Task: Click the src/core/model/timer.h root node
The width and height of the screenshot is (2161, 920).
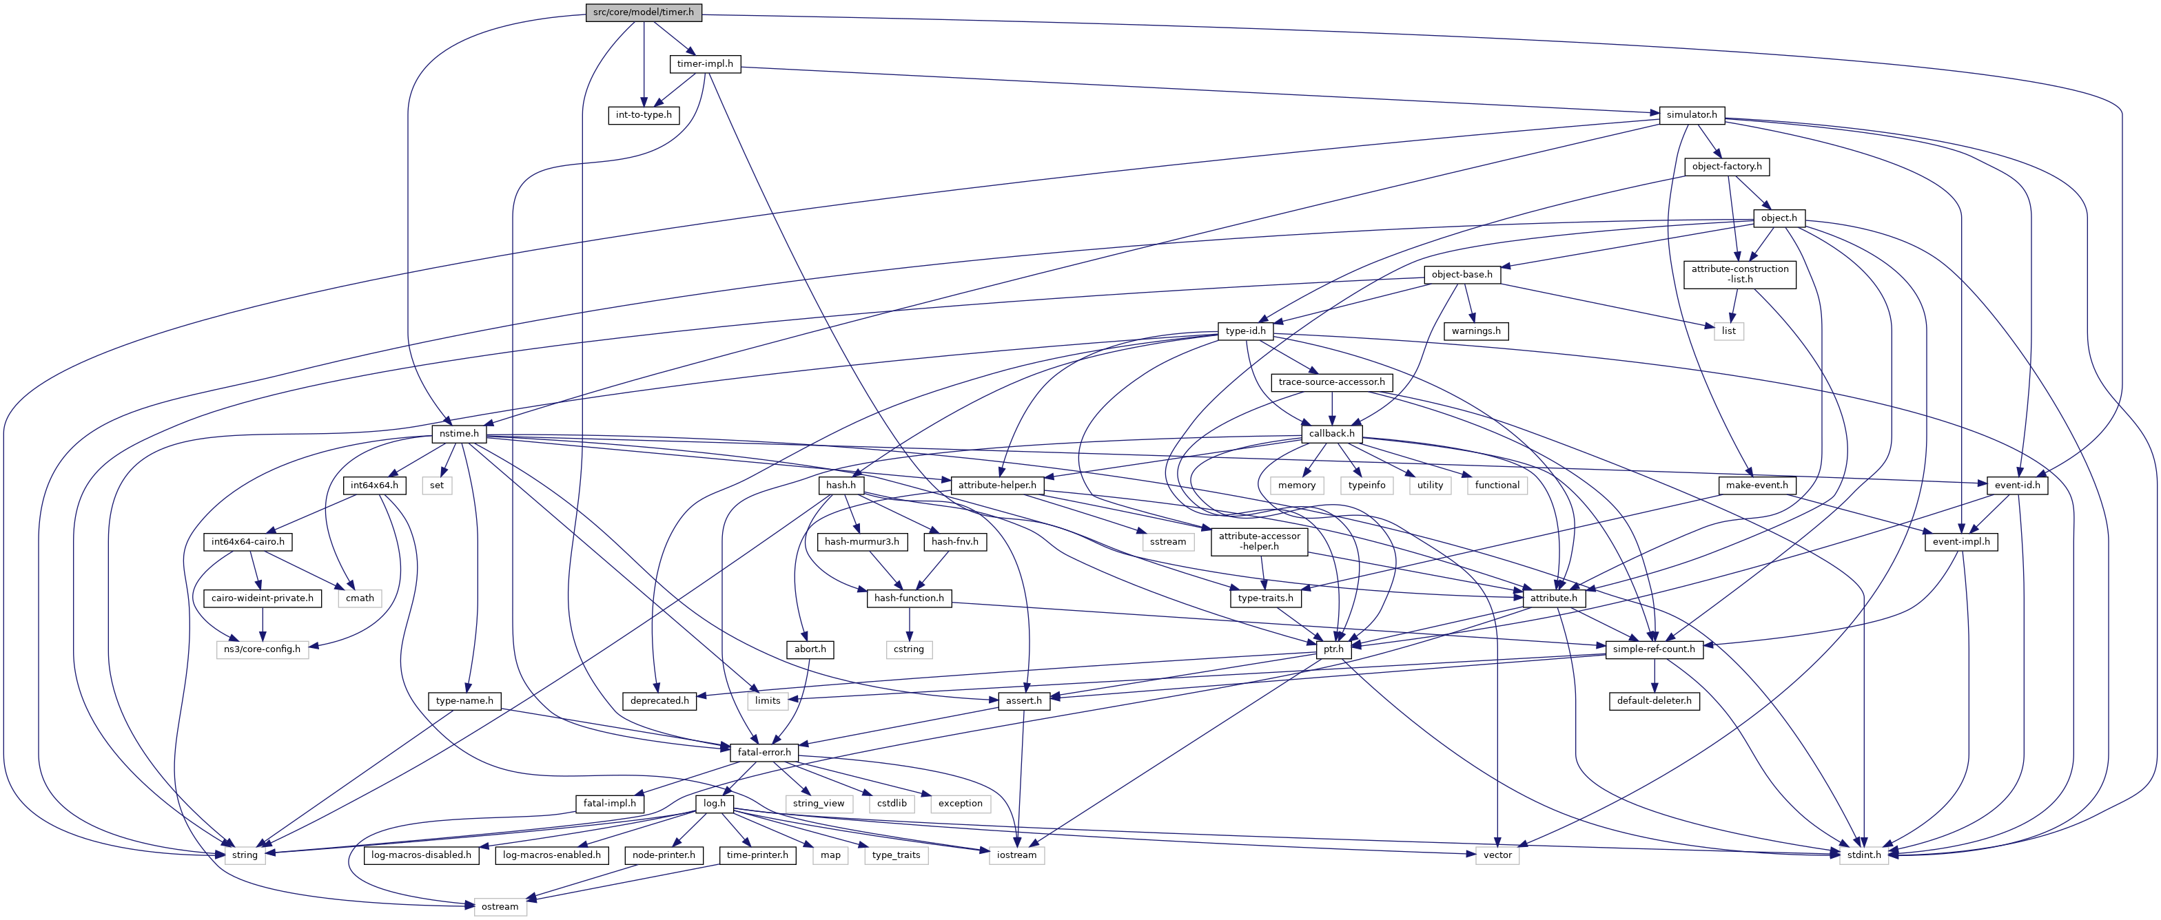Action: (644, 12)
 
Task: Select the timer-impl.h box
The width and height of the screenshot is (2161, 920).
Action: (705, 64)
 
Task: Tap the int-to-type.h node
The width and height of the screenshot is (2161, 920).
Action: (644, 115)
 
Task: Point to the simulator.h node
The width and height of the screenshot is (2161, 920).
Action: (1691, 115)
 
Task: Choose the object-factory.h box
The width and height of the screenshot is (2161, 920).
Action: (1726, 167)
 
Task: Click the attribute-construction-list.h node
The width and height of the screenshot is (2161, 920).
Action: (1739, 274)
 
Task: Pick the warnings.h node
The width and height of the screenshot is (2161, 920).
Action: (1475, 331)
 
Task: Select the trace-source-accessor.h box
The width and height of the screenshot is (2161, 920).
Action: (1331, 382)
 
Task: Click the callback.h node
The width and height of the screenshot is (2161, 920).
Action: (1331, 434)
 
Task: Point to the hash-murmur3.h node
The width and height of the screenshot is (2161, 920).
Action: (861, 542)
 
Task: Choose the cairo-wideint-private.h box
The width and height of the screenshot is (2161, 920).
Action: (263, 598)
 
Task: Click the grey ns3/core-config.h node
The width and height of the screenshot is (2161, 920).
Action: (263, 649)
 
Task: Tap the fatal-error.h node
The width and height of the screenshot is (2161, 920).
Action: (764, 752)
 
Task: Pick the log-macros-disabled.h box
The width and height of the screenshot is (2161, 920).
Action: (421, 855)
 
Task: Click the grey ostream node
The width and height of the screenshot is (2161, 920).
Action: (500, 907)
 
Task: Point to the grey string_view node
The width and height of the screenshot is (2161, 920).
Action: (818, 804)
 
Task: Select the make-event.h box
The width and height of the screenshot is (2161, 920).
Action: (1757, 485)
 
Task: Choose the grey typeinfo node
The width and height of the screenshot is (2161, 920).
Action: (1366, 485)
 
